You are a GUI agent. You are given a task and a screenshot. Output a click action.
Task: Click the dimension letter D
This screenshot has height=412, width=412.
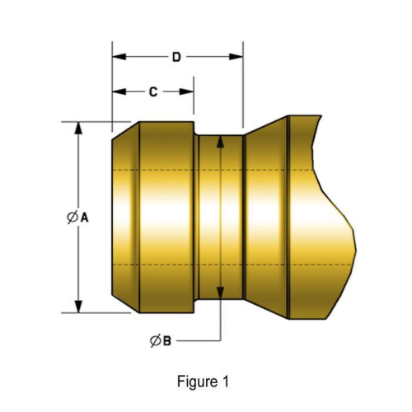click(176, 57)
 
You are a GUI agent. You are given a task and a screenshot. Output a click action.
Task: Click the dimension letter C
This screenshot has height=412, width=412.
click(153, 92)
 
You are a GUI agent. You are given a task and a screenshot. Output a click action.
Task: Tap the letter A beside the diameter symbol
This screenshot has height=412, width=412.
click(84, 218)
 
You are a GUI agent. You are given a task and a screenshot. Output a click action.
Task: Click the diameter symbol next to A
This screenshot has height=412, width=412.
click(72, 218)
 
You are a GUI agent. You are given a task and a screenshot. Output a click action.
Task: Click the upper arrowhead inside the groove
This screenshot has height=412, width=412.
click(221, 143)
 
